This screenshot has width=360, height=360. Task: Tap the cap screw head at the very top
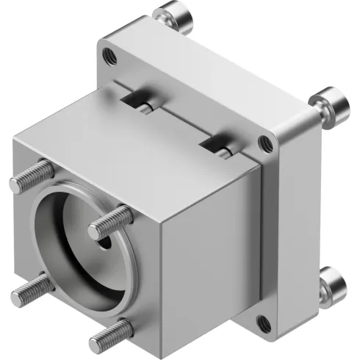click(170, 14)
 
